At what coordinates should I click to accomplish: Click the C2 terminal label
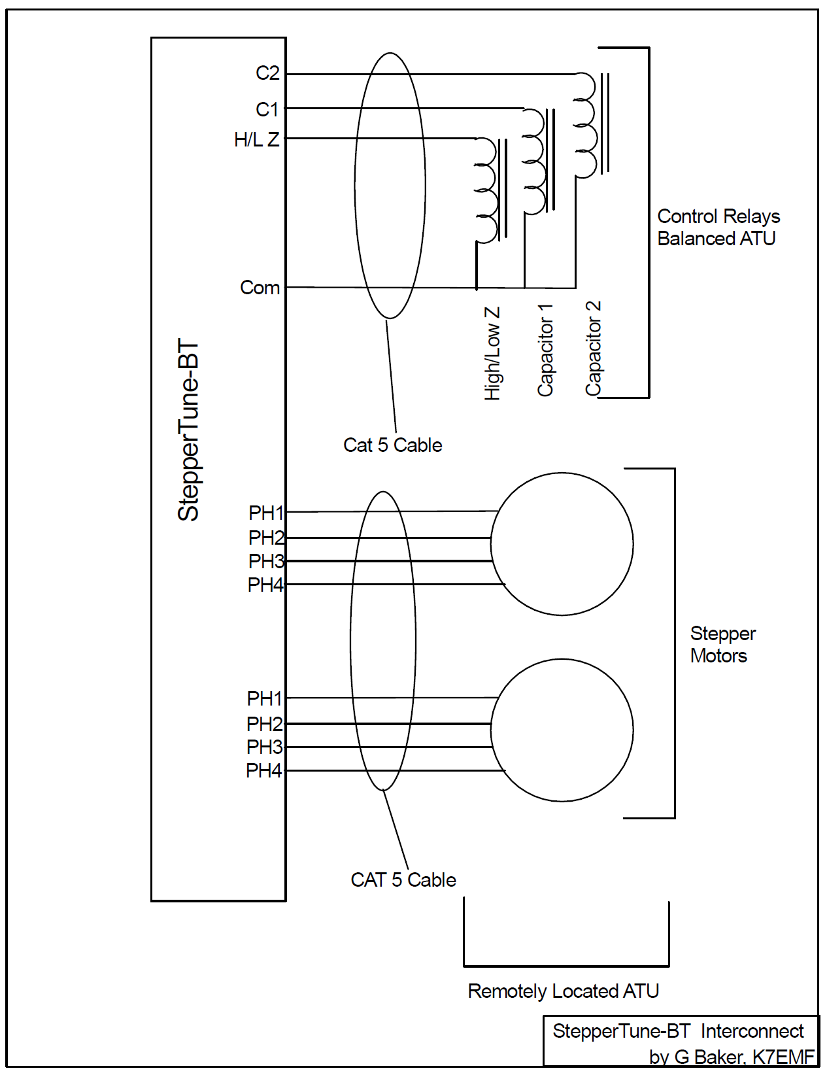(267, 73)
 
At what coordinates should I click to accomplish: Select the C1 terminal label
(267, 109)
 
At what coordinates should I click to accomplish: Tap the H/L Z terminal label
(256, 139)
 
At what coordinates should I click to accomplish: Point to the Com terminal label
(260, 288)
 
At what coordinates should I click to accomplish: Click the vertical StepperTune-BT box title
(188, 430)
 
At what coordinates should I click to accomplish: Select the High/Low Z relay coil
(486, 190)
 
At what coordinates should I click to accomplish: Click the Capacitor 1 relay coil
(533, 162)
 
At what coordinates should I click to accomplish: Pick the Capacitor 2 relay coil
(585, 125)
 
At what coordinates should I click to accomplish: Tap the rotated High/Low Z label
(492, 353)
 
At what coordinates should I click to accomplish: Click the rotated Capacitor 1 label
(545, 350)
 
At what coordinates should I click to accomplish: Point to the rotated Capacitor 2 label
(593, 348)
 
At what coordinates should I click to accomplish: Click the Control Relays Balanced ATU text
(718, 227)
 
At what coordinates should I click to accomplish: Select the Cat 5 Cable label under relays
(392, 445)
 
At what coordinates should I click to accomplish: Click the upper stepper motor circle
(562, 544)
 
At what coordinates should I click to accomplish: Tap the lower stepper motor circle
(562, 730)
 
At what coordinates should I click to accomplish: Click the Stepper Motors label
(722, 644)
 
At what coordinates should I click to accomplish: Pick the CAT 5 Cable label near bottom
(403, 880)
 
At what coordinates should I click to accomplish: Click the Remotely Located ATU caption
(563, 991)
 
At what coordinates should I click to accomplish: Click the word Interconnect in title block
(752, 1031)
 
